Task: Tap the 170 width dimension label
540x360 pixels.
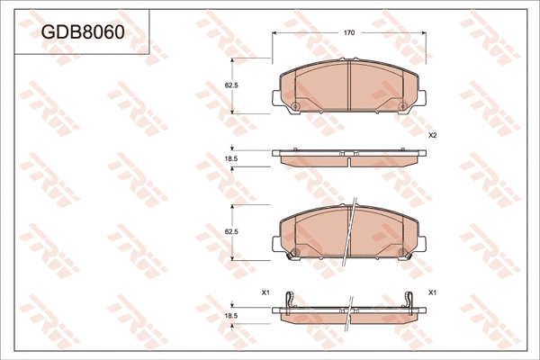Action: pyautogui.click(x=349, y=32)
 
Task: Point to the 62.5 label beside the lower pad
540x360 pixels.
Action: pyautogui.click(x=230, y=232)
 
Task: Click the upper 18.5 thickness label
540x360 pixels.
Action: pyautogui.click(x=230, y=158)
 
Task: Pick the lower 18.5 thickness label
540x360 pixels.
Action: pyautogui.click(x=230, y=315)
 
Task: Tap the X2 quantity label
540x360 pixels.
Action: pyautogui.click(x=432, y=135)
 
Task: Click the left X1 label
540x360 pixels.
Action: pyautogui.click(x=265, y=292)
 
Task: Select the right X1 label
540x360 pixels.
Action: pyautogui.click(x=432, y=292)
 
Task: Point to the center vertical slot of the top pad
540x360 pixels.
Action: pyautogui.click(x=348, y=85)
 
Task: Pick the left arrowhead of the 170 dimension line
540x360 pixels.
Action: pyautogui.click(x=275, y=32)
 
